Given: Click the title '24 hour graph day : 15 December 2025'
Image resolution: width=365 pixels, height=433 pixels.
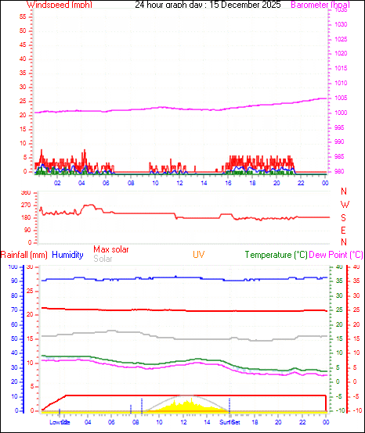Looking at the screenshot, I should click(208, 5).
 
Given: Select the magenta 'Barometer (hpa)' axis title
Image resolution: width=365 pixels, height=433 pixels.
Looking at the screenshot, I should click(320, 5).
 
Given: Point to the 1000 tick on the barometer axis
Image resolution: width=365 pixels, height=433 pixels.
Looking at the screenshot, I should click(342, 113).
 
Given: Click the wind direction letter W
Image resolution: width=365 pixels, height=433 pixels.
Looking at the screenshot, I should click(344, 205).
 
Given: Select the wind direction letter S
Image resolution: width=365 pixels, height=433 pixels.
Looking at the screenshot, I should click(344, 217).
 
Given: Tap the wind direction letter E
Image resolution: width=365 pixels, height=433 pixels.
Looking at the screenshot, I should click(344, 230).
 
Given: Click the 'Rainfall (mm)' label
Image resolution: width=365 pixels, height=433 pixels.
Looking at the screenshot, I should click(24, 255).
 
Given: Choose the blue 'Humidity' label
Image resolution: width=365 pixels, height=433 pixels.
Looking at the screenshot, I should click(67, 255).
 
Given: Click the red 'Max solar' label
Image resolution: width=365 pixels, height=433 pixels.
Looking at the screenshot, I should click(111, 249).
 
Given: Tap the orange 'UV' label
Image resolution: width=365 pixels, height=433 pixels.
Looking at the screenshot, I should click(199, 255).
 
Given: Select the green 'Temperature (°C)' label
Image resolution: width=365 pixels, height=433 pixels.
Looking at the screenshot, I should click(276, 255).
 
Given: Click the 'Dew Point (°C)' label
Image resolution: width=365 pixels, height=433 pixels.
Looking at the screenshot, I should click(337, 255).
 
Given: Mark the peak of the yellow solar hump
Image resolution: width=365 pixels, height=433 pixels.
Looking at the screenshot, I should click(187, 398).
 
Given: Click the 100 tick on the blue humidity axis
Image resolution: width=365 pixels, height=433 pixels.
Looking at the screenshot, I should click(13, 267).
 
